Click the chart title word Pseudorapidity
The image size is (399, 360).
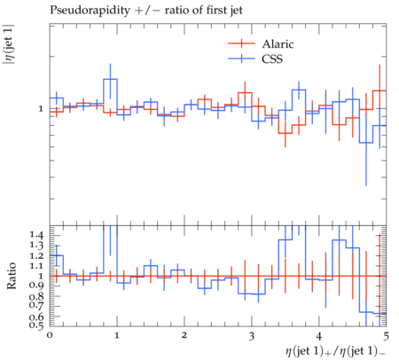click(90, 11)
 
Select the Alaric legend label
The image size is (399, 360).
click(278, 44)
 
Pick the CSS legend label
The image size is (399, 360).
click(272, 59)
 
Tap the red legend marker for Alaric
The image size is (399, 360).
click(241, 43)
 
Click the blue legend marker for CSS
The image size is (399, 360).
click(241, 59)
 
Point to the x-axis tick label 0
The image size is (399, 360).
click(50, 335)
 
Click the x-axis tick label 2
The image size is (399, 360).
click(184, 335)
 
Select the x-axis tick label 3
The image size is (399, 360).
click(252, 336)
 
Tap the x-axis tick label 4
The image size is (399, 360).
click(319, 336)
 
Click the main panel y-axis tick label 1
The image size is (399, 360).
click(41, 109)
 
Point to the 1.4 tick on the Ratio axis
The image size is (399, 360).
click(36, 236)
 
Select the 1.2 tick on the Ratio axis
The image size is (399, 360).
click(36, 255)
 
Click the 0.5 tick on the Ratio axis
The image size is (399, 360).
click(36, 325)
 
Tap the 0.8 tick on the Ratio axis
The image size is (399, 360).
click(36, 296)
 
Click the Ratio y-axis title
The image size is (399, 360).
click(11, 276)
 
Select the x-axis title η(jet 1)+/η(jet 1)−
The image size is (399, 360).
click(335, 352)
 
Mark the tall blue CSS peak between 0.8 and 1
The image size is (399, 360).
click(110, 79)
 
